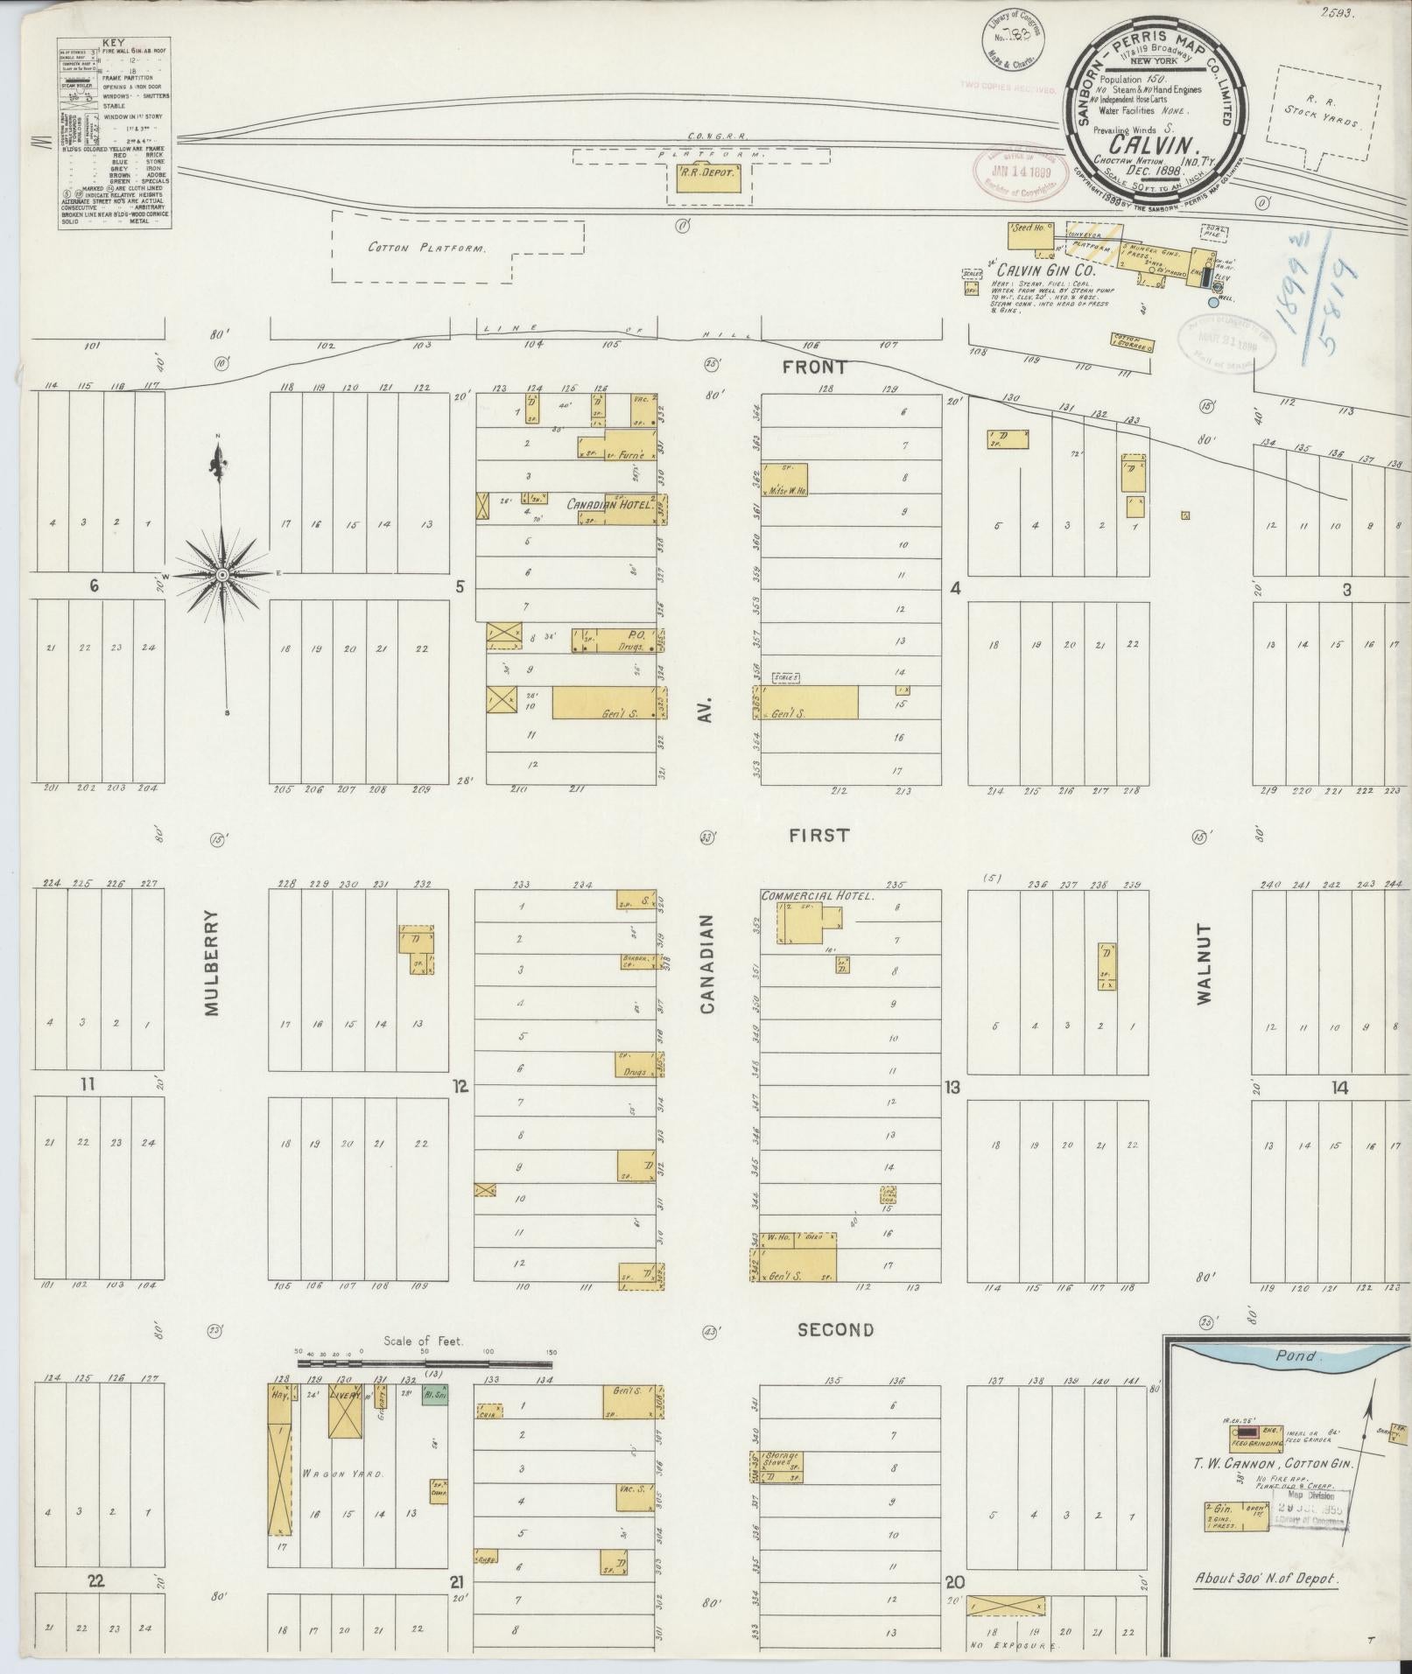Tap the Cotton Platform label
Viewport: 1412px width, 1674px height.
coord(426,249)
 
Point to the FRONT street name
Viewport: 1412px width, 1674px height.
coord(814,368)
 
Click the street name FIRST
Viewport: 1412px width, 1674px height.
coord(818,835)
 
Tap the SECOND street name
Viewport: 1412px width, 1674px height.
coord(835,1329)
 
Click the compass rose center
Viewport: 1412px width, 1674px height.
coord(222,574)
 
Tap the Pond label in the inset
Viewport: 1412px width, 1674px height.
coord(1295,1355)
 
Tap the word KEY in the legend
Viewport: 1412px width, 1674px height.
coord(114,41)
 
